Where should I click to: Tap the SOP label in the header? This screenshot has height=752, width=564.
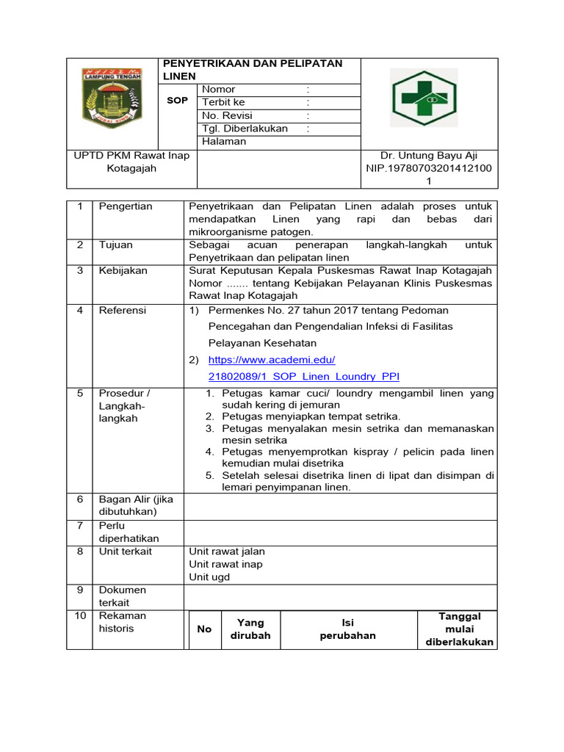177,100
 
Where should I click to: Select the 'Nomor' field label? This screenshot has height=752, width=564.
218,89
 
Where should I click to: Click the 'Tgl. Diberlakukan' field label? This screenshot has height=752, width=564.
245,129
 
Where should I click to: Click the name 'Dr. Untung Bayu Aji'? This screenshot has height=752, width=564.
429,155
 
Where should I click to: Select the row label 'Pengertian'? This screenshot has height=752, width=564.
126,206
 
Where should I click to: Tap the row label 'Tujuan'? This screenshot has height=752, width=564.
115,245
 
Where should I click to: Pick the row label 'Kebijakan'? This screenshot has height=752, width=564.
123,270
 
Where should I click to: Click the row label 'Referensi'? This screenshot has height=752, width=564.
123,310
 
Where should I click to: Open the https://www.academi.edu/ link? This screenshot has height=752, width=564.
272,360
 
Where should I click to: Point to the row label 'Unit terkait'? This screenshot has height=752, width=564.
125,551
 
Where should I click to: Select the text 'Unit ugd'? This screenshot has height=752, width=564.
209,577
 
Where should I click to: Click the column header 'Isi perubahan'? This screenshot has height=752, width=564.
347,629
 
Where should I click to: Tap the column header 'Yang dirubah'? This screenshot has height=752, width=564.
250,629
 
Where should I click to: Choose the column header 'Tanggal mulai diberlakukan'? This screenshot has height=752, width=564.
459,629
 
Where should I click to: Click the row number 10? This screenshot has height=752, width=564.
80,615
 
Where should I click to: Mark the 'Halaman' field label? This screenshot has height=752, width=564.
224,142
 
